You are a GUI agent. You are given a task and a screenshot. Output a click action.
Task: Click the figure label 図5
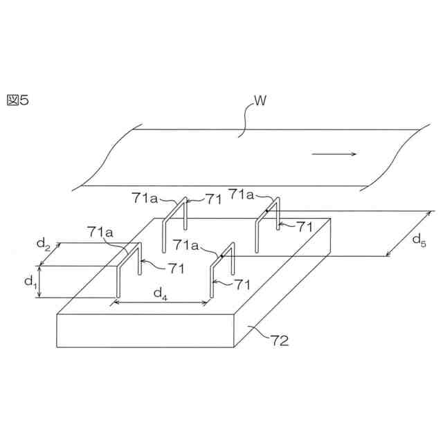click(x=17, y=100)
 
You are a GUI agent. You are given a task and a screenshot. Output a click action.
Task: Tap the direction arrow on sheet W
click(x=334, y=154)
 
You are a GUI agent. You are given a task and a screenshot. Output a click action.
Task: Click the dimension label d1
click(x=30, y=282)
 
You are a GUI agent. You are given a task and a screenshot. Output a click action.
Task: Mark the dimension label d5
click(x=419, y=239)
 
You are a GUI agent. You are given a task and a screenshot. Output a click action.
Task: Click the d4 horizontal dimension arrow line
click(x=162, y=302)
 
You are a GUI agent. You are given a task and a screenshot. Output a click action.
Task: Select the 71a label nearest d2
click(x=100, y=233)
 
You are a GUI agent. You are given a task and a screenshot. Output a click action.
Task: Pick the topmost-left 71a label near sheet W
click(x=145, y=198)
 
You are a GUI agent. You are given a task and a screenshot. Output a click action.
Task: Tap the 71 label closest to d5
click(x=305, y=226)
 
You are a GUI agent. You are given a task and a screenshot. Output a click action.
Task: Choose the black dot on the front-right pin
click(x=221, y=256)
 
